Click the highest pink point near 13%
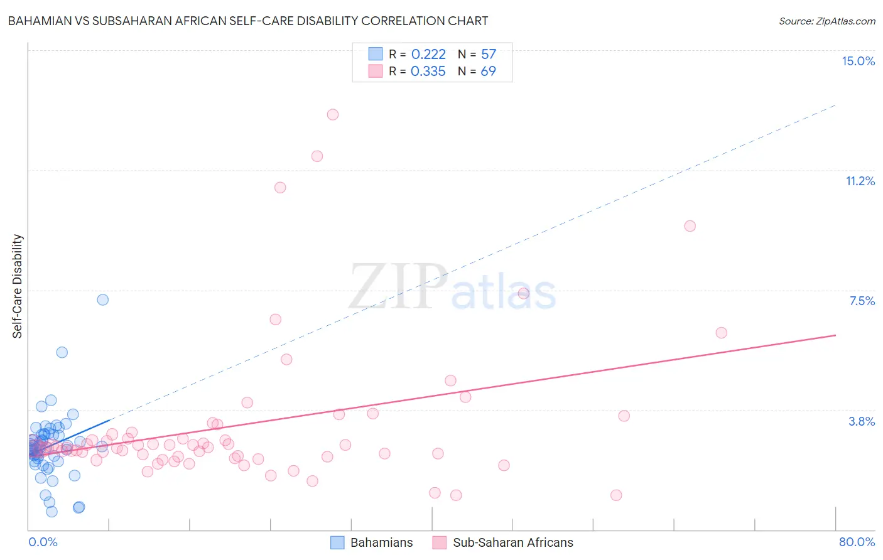tap(333, 114)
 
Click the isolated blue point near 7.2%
tap(103, 299)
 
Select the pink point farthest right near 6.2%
tap(721, 333)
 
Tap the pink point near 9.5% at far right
tap(690, 226)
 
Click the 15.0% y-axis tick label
tap(858, 61)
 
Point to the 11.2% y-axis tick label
tap(860, 181)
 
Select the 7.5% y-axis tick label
tap(862, 301)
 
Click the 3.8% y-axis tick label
tap(862, 421)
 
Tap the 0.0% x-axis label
tap(43, 542)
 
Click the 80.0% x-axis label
tap(857, 542)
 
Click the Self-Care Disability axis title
tap(18, 286)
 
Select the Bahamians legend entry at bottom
tap(372, 542)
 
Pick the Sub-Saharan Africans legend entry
tap(503, 542)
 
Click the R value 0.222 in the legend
tap(428, 55)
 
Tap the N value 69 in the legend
tap(488, 72)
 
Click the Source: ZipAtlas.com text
tap(826, 21)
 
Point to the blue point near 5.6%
tap(62, 352)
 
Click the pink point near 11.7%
tap(317, 156)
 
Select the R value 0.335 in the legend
tap(428, 72)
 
